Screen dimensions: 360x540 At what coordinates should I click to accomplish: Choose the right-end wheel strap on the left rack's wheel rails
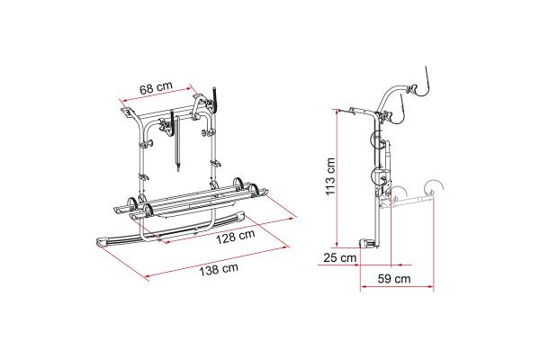point(257,190)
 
